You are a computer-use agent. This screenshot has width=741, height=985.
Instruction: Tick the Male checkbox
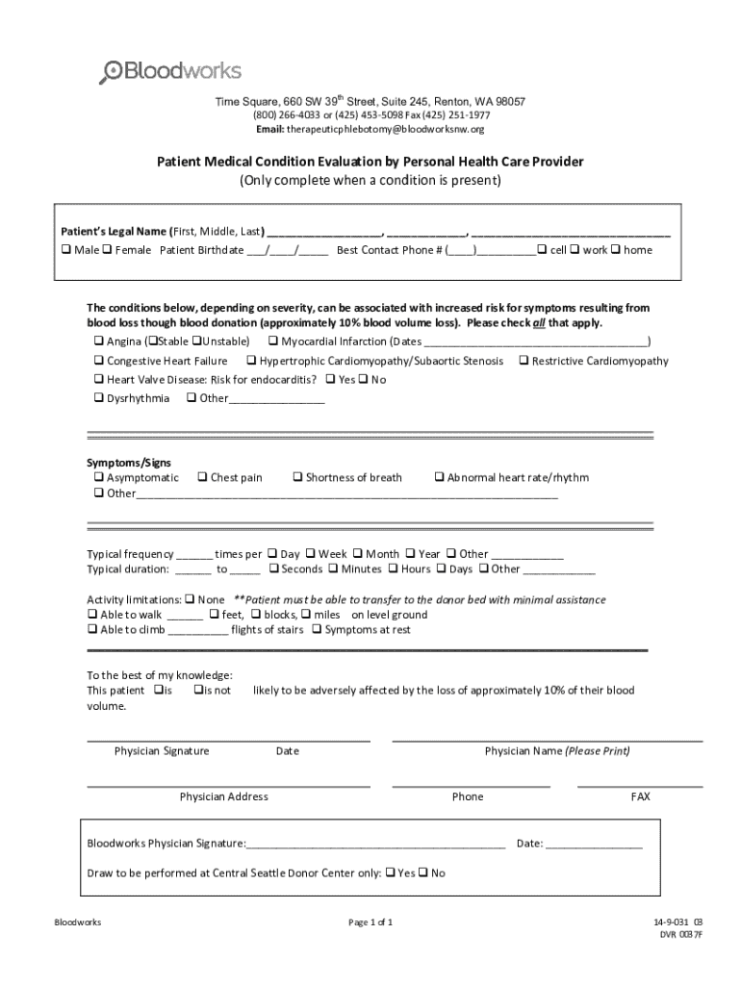[66, 250]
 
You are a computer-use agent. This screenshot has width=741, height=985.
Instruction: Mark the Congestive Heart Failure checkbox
[98, 361]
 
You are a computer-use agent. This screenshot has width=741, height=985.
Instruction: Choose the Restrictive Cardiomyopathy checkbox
[524, 361]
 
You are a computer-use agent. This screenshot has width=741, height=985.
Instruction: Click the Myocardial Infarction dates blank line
[536, 344]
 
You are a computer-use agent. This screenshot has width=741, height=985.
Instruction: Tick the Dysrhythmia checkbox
[98, 398]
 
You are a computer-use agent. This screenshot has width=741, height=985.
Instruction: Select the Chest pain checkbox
[202, 477]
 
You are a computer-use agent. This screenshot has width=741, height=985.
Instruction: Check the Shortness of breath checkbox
[297, 477]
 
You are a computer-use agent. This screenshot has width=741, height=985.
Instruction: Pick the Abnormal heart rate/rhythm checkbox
[439, 477]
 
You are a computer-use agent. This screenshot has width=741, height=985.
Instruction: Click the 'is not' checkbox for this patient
[197, 691]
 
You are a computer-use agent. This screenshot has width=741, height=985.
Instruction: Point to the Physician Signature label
[161, 751]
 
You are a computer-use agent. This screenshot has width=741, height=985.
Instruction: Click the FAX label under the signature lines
[640, 796]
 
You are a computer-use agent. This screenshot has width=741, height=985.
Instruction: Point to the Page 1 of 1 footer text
[370, 922]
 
